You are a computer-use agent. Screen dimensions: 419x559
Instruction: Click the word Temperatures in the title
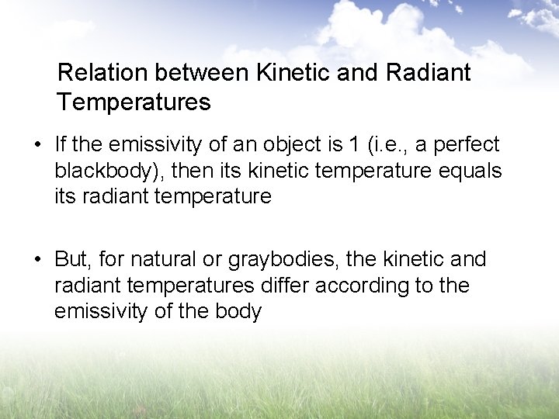(133, 102)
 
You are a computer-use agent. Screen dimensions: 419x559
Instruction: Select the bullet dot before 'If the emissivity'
(38, 145)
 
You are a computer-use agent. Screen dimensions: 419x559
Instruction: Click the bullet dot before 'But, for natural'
(38, 259)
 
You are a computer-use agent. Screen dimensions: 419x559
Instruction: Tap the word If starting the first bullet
(61, 144)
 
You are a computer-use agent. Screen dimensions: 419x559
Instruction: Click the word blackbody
(106, 171)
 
